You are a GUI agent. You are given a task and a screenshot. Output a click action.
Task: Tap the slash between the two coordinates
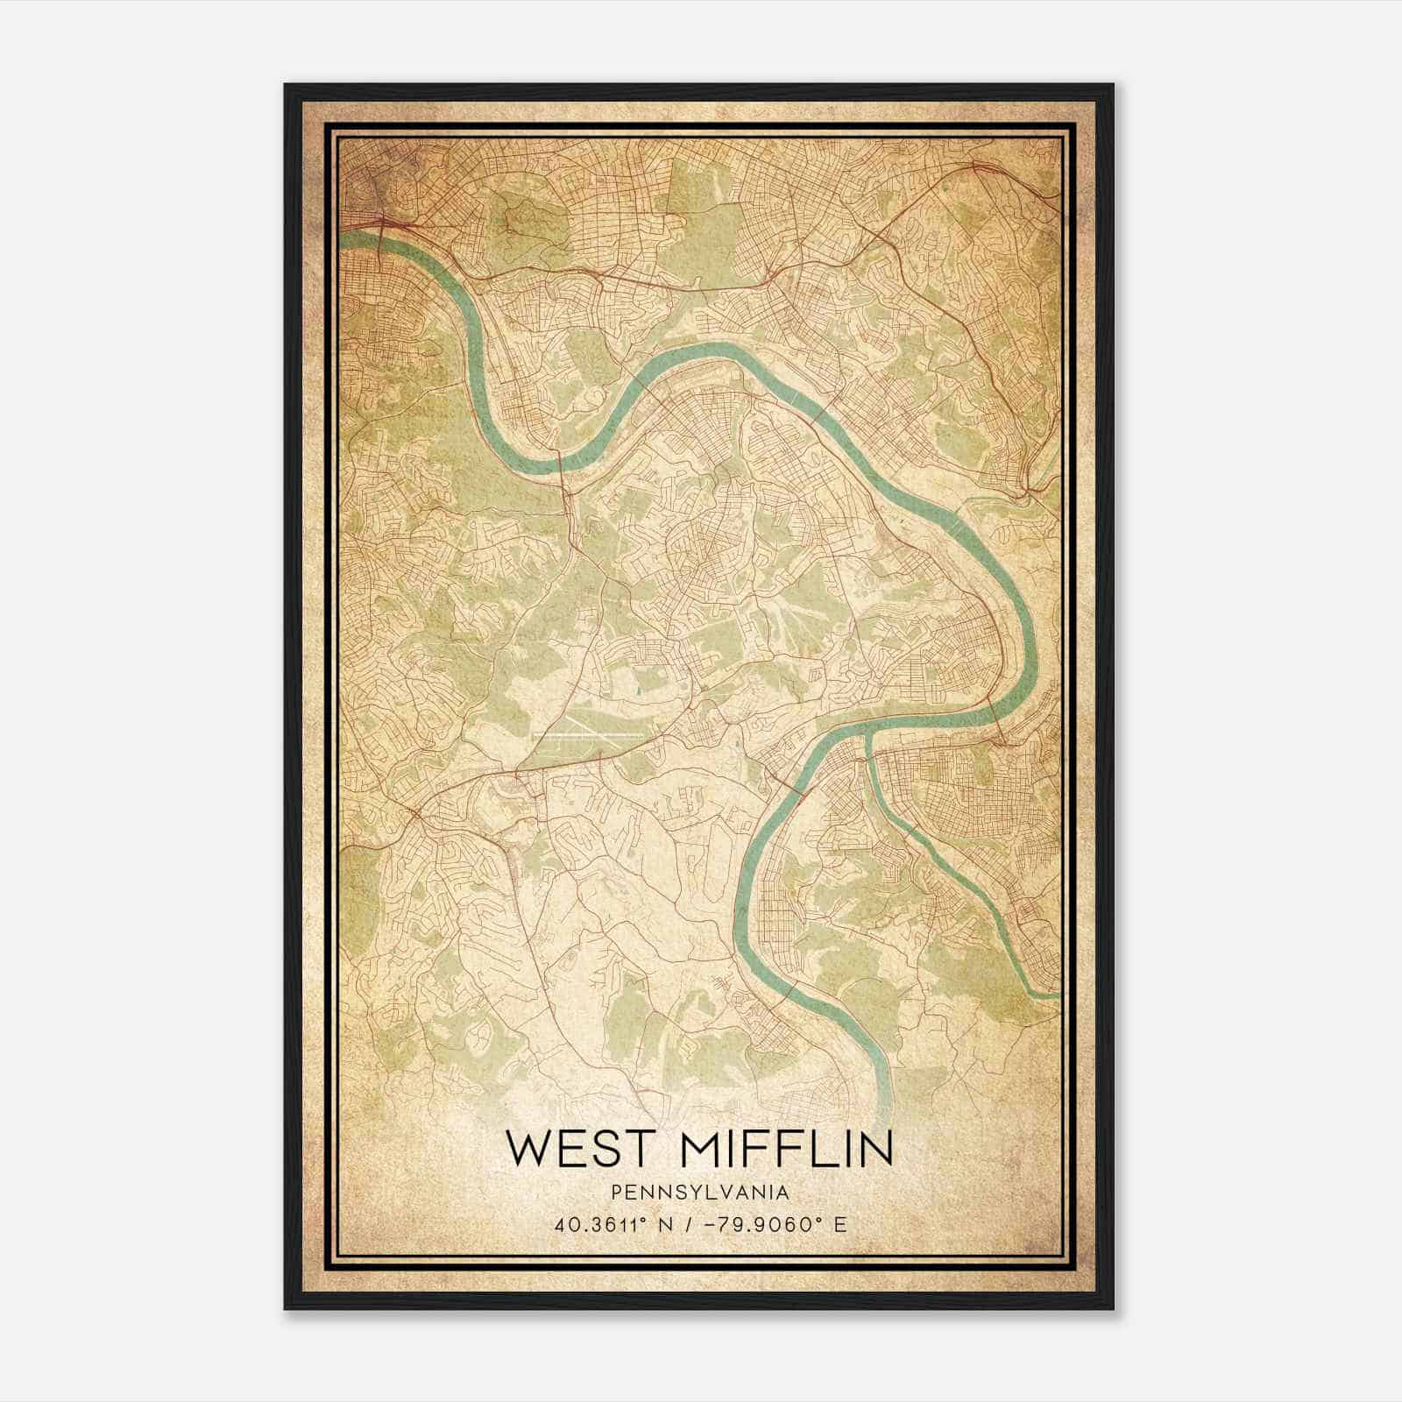673,1225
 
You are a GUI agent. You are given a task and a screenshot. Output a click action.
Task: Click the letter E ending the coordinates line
841,1225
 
